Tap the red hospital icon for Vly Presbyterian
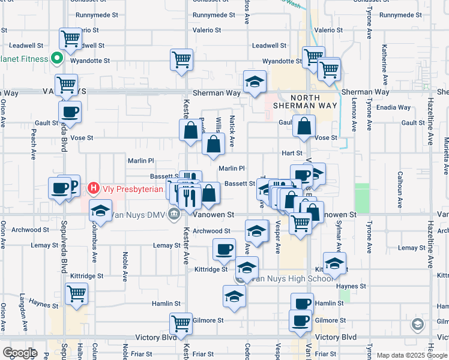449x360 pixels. click(93, 188)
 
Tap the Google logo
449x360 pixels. click(20, 353)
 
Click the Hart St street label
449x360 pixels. click(292, 154)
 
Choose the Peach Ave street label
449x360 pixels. click(32, 148)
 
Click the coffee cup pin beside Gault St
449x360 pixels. click(70, 112)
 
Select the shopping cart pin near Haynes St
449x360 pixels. click(77, 294)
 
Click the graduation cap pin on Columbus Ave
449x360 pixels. click(100, 211)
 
